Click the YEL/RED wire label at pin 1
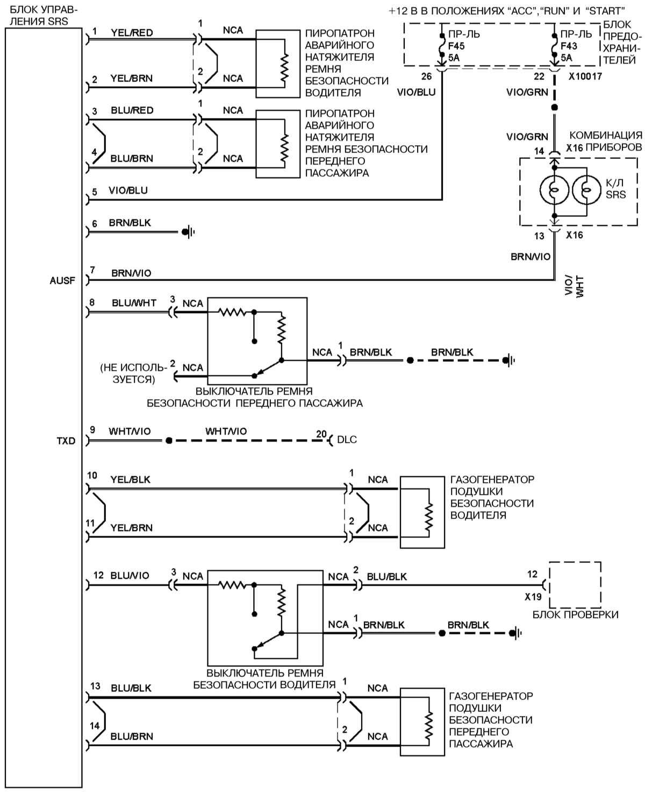[132, 33]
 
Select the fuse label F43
[569, 46]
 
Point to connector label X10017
[585, 76]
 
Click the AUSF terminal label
[62, 280]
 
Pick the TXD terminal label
[66, 441]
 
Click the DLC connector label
[347, 440]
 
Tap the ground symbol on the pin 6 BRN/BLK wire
[188, 232]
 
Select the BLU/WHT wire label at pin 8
[134, 303]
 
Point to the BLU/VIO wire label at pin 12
[130, 576]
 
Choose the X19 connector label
[533, 597]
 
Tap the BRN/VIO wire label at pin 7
[131, 273]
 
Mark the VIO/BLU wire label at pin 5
[128, 190]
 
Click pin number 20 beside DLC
[321, 434]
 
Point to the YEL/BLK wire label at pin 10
[130, 479]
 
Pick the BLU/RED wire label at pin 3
[132, 110]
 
